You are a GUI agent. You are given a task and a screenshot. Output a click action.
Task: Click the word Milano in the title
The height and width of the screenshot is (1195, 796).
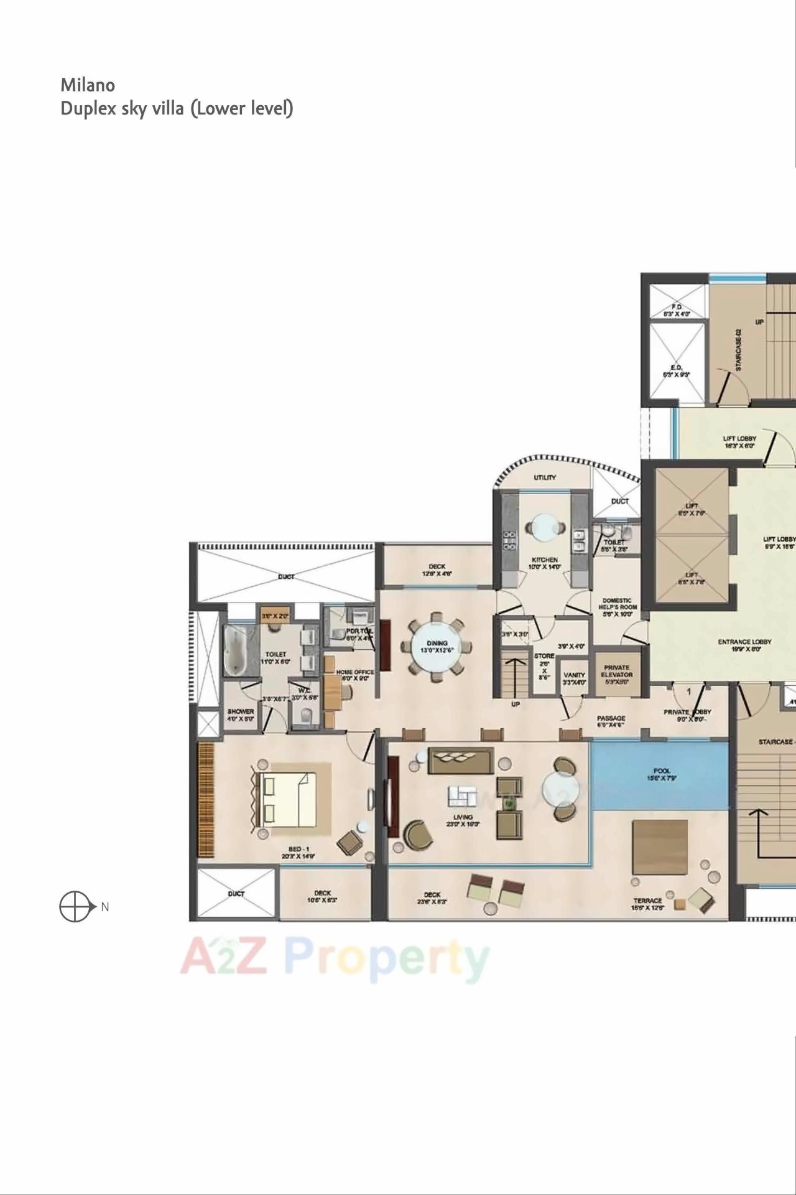coord(88,85)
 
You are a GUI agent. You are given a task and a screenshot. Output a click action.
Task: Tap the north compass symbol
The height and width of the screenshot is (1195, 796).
coord(74,906)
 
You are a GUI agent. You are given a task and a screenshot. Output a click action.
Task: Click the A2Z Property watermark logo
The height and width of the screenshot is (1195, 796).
coord(334,959)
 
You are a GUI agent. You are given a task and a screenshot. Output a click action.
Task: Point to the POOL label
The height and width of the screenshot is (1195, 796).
coord(662,771)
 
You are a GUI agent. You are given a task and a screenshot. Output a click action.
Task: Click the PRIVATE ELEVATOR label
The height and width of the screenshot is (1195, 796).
coord(617,671)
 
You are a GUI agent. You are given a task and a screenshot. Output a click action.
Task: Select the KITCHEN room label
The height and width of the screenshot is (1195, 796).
coord(545,560)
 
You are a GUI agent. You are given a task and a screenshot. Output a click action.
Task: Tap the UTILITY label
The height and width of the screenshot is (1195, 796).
coord(545,477)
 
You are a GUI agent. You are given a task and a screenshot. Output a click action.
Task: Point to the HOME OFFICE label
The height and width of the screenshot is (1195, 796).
coord(355,672)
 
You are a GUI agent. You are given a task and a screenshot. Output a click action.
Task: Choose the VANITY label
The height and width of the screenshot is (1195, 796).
coord(574,675)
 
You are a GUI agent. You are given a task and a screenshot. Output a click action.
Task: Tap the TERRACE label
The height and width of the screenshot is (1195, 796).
coord(647,901)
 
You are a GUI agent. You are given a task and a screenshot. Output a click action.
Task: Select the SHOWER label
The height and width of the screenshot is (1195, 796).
coord(241,711)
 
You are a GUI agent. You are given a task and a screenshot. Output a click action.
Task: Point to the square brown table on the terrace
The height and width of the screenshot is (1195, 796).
coord(660,847)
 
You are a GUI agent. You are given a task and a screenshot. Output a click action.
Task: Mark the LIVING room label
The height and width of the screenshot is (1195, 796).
coord(463,817)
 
